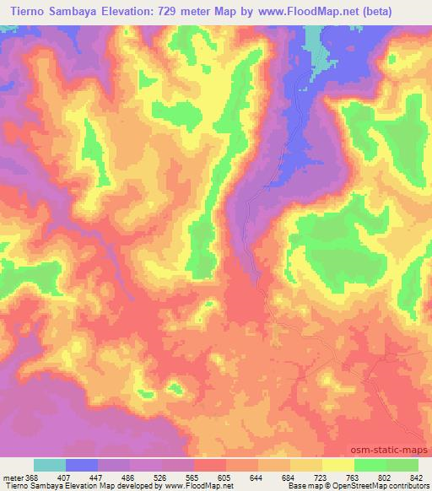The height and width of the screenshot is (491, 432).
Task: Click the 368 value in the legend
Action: pos(32,477)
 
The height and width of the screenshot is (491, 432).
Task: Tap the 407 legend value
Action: pos(64,477)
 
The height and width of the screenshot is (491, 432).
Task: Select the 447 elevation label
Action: pos(97,477)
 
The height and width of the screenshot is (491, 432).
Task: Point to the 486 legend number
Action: pos(129,477)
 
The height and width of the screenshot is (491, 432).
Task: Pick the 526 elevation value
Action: pos(161,477)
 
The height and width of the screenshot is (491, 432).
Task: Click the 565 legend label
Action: pos(193,477)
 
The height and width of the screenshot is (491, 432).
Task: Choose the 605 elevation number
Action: pos(225,477)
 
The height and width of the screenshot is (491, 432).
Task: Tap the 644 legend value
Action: pos(257,477)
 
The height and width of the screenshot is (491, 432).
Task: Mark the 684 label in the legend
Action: pos(289,477)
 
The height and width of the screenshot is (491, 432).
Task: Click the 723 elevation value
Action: pos(321,477)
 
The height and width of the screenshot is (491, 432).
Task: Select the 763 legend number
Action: pos(354,477)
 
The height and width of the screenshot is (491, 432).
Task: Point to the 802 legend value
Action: pos(386,477)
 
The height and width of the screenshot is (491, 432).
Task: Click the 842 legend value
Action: pos(417,477)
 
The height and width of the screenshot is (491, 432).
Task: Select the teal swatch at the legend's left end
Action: pos(50,465)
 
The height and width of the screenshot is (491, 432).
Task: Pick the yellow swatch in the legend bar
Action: pos(338,465)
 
